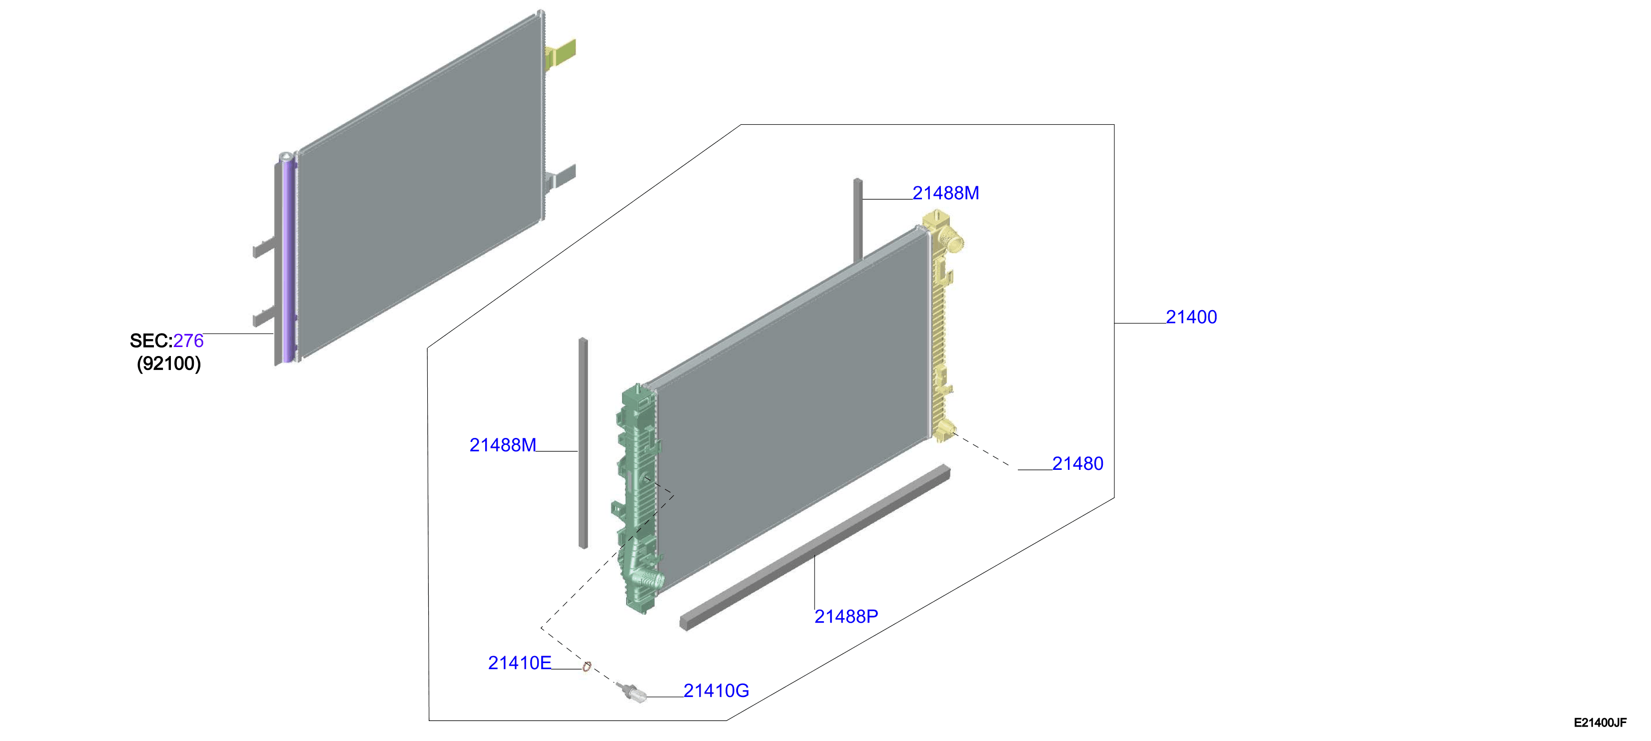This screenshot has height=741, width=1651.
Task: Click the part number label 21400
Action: tap(1191, 317)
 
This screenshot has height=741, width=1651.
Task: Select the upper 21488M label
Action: tap(945, 193)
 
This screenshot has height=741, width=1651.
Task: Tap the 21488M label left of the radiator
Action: tap(503, 445)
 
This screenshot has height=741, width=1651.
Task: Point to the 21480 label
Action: tap(1077, 464)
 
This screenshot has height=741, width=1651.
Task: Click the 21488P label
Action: tap(846, 616)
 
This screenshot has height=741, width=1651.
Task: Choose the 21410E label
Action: tap(520, 663)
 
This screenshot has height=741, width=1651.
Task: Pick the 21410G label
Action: tap(716, 691)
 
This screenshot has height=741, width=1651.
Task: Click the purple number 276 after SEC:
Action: tap(188, 341)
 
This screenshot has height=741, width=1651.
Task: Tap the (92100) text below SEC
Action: tap(168, 364)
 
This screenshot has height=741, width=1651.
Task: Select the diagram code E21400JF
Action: tap(1600, 723)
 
